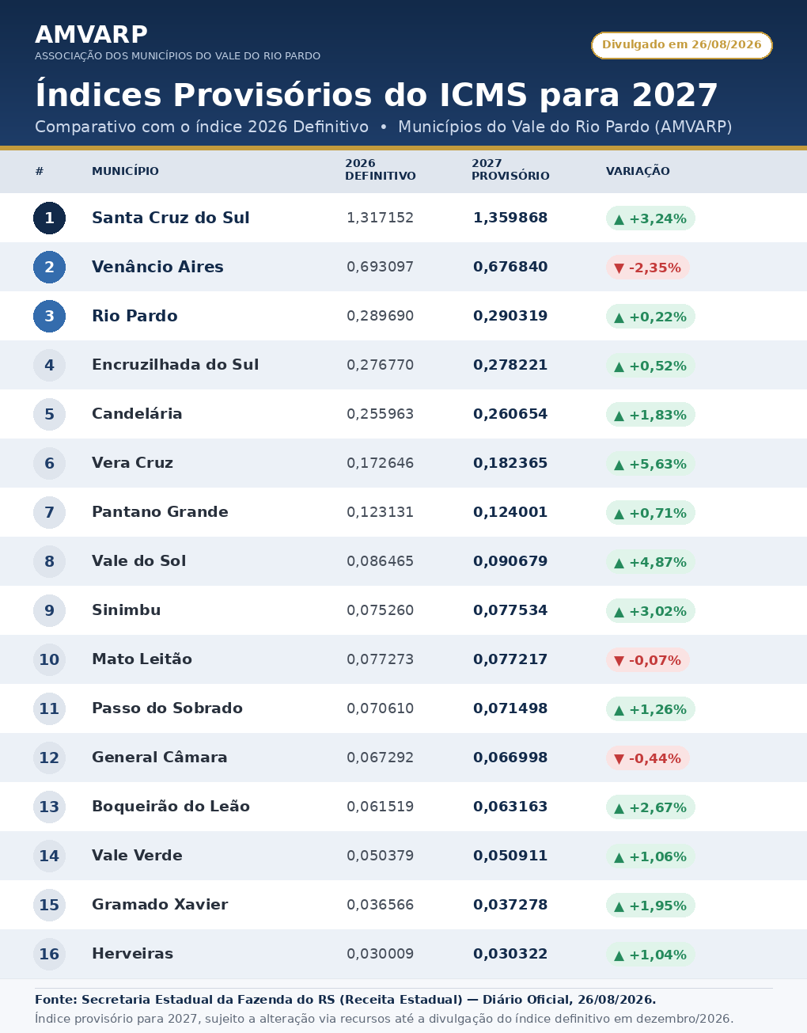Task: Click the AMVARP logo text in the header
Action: (x=91, y=35)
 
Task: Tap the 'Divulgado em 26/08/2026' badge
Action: (x=682, y=45)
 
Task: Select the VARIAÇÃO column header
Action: (x=638, y=171)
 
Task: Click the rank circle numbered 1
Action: (x=49, y=218)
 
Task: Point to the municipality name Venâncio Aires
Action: (x=157, y=267)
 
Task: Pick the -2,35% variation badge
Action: (x=647, y=268)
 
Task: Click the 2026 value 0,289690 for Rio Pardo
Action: (x=380, y=316)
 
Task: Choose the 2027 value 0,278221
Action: (x=510, y=365)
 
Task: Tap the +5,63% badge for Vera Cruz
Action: (x=650, y=464)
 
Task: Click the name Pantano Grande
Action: (x=160, y=512)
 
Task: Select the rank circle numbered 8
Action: (x=49, y=561)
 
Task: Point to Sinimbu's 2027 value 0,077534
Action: (x=510, y=610)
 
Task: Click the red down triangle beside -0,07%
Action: (x=619, y=661)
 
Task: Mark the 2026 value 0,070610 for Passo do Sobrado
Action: (x=380, y=708)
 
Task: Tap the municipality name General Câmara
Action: (x=160, y=758)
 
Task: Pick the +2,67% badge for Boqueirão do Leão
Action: (x=650, y=807)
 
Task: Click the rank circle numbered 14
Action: (x=49, y=856)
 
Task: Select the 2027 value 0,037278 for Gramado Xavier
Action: (x=510, y=905)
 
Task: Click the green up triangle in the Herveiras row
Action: (x=619, y=955)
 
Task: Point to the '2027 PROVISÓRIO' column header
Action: (x=510, y=169)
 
